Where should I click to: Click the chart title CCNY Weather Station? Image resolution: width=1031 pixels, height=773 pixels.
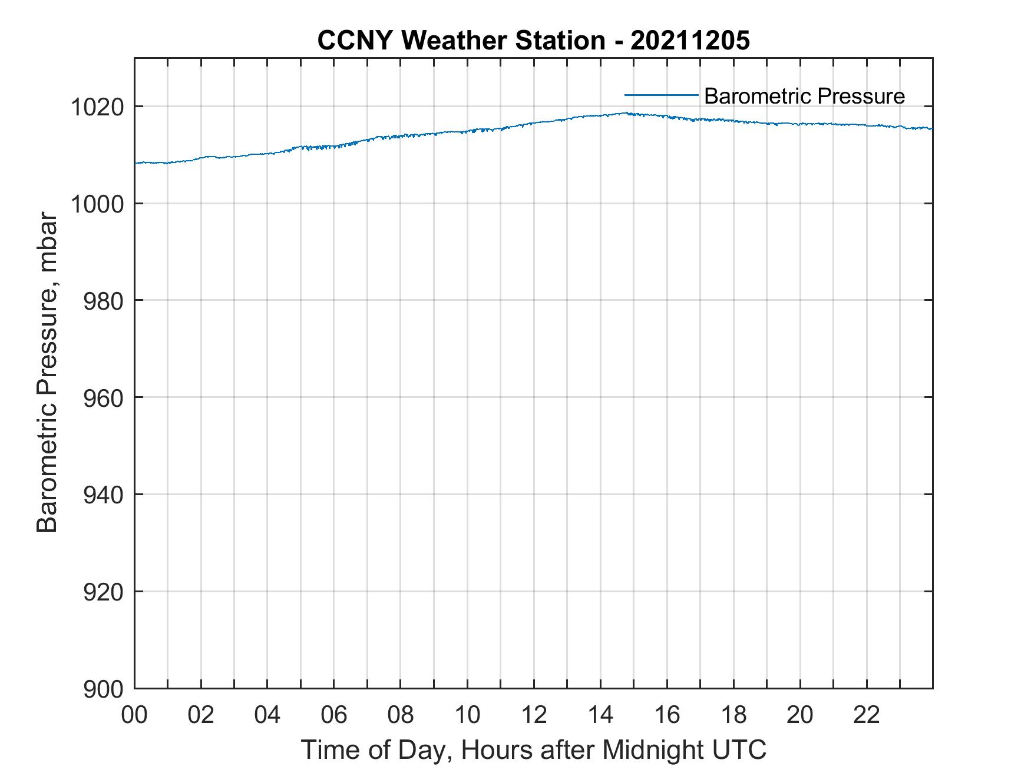coord(461,41)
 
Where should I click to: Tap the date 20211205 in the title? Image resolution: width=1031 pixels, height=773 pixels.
coord(690,41)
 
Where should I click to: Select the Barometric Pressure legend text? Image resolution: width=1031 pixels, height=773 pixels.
coord(804,96)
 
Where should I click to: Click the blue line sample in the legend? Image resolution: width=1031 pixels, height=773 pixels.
coord(661,95)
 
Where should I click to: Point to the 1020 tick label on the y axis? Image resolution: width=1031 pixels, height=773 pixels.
coord(97,107)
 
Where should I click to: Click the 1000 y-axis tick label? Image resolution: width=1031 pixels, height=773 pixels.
coord(97,204)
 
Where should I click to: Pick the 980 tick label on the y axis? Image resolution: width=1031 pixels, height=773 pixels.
coord(103,301)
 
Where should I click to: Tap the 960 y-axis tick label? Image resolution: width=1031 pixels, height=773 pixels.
coord(103,398)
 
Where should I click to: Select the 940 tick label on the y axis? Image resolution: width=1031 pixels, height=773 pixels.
coord(103,495)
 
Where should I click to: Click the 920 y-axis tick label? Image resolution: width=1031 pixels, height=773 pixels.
coord(103,592)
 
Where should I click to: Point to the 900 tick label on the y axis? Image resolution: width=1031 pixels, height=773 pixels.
coord(103,689)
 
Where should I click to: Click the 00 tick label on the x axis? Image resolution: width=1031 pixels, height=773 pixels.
coord(135,715)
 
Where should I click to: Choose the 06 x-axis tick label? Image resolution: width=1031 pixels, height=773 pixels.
coord(334,715)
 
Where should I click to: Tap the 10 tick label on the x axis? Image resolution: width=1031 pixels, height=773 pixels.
coord(467,715)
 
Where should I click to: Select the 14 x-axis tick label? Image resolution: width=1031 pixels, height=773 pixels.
coord(600,715)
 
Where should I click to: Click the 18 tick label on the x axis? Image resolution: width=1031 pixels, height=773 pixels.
coord(733,715)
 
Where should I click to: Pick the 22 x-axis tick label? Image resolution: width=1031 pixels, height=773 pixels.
coord(867,715)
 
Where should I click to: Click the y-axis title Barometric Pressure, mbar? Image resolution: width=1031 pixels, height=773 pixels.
coord(47,373)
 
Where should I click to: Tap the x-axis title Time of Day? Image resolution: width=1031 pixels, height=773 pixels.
coord(533,750)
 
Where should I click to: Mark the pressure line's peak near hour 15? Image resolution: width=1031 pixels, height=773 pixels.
coord(626,113)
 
